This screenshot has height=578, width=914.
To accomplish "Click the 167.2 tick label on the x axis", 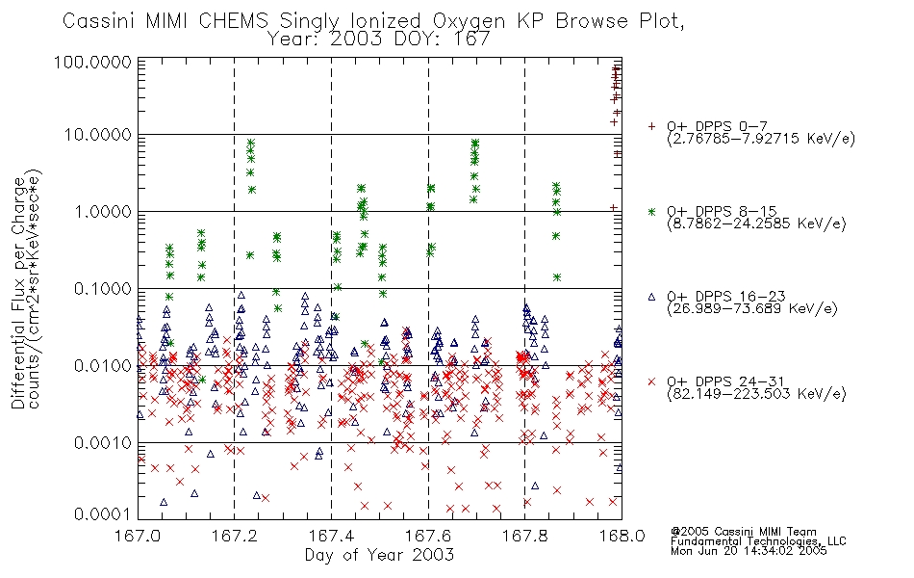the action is coord(235,536).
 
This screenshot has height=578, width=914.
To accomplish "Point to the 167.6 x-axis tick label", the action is coord(428,536).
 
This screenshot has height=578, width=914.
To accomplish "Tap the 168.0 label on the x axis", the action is coord(622,536).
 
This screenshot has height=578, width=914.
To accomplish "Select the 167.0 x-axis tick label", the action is coord(138,536).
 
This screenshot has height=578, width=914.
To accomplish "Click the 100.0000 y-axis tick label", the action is coord(92,62).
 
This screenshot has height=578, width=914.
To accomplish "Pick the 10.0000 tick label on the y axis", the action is coord(98,135).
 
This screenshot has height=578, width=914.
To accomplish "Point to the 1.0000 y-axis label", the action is coord(103,211).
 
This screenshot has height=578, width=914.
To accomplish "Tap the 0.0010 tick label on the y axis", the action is coord(103,442).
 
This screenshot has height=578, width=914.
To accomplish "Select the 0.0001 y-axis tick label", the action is coord(103,513).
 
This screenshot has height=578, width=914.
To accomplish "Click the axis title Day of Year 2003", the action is coord(379,555).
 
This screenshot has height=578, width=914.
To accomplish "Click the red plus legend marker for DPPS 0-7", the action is coord(651,126).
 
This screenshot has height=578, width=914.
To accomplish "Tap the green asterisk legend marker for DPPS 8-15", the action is coord(651,211).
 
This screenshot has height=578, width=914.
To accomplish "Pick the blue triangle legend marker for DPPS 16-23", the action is coord(651,297).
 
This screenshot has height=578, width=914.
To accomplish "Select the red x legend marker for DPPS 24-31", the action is coord(651,381).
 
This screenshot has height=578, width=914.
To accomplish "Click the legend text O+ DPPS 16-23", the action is coord(726,296).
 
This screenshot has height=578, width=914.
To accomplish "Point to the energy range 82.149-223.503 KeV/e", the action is coord(756,394).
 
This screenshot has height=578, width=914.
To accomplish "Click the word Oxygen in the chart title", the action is coord(469,21).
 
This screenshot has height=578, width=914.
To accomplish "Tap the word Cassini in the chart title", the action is coord(100,21).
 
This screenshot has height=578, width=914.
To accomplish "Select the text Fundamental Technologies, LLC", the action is coord(758,541).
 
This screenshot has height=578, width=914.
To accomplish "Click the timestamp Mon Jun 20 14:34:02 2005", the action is coord(749,551).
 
